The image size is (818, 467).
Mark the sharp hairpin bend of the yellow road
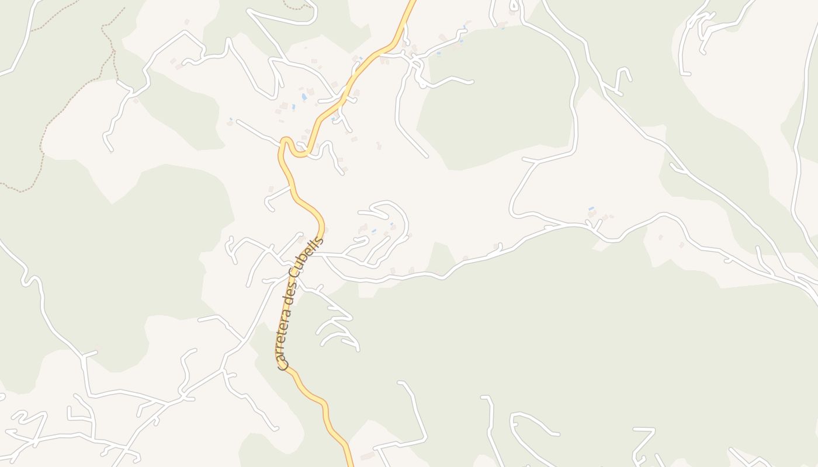(285, 142)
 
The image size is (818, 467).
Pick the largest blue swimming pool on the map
(304, 96)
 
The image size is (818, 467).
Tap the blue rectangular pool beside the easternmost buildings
(591, 208)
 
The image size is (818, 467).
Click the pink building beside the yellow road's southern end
(368, 455)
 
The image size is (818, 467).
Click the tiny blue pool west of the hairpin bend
(231, 119)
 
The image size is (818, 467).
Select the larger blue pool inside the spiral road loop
(373, 231)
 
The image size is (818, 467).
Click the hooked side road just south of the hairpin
(275, 198)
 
